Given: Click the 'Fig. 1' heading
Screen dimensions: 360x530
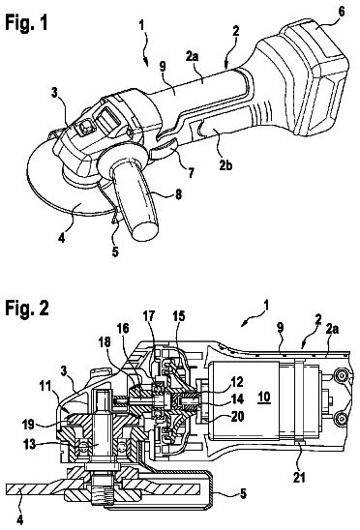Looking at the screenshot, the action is tap(27, 23).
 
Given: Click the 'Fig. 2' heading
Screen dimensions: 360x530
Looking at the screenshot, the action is tap(27, 308).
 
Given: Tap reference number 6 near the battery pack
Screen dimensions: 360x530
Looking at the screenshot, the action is tap(341, 12).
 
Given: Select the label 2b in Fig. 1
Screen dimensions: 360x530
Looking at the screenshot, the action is tap(225, 165).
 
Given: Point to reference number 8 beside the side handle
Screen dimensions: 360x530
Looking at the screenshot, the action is tap(178, 193).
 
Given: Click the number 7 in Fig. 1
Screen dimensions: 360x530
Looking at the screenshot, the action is tap(192, 173).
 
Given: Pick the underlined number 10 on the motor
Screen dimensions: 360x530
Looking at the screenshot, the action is tap(264, 397).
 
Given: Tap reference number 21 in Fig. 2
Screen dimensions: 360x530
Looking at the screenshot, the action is tap(298, 478).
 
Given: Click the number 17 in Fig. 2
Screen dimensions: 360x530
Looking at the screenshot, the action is tap(148, 316).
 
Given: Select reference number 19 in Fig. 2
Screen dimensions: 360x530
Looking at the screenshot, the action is tap(29, 425).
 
